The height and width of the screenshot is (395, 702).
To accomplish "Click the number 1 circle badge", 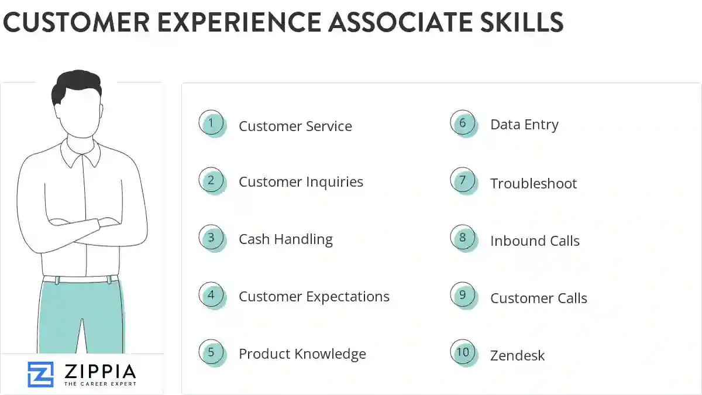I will [211, 123].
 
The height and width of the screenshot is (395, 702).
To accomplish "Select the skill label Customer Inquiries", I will [301, 182].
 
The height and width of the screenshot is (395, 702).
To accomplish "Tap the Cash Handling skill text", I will [285, 239].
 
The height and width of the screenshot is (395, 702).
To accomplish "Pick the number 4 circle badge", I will [211, 295].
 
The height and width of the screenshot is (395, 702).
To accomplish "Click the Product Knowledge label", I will [302, 354].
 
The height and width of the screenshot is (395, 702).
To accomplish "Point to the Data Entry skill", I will [524, 125].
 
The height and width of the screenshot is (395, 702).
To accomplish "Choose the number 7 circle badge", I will [463, 180].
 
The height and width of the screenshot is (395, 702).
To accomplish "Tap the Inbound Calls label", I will [535, 241].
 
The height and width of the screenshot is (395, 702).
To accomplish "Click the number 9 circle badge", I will [463, 295].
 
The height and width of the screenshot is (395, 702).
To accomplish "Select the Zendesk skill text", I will [517, 355].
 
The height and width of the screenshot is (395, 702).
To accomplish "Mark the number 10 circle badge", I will [463, 352].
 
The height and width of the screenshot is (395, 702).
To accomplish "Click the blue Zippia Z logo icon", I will [40, 374].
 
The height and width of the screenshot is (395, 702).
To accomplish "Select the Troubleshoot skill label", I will [534, 184].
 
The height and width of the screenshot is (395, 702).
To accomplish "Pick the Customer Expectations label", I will [314, 297].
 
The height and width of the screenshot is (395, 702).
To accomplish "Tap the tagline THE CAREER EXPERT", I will [100, 384].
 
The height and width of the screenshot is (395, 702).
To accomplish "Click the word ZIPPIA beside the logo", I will [100, 371].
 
